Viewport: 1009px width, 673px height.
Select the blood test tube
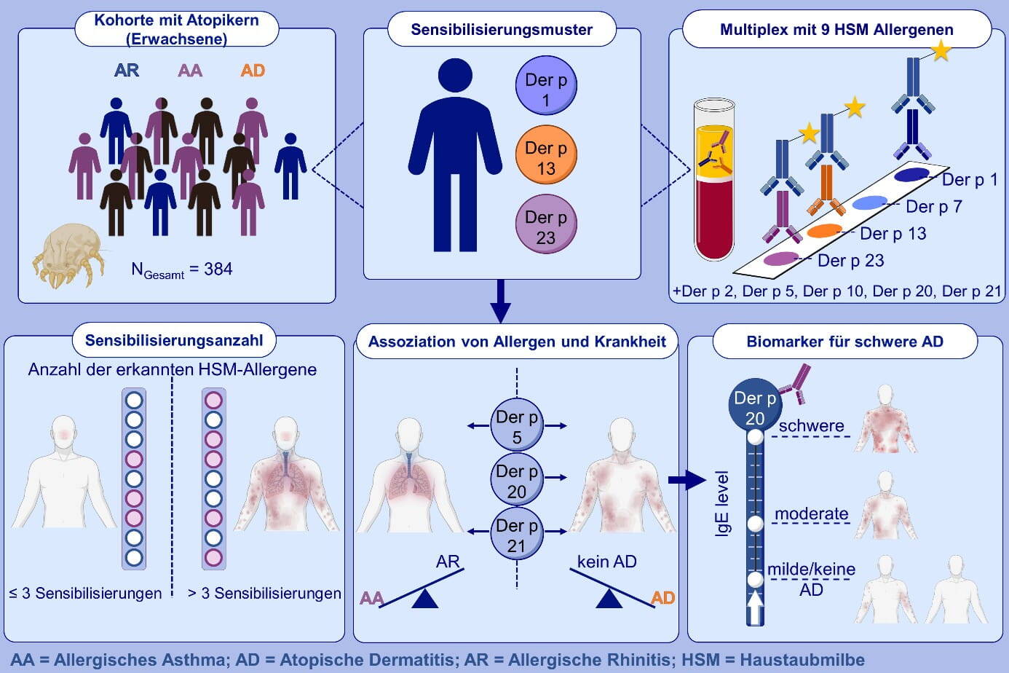click(713, 182)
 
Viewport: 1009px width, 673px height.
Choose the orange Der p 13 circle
click(546, 157)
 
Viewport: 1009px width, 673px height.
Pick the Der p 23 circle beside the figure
click(546, 227)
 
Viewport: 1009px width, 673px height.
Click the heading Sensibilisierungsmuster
click(502, 30)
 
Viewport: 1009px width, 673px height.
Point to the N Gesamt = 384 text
click(181, 269)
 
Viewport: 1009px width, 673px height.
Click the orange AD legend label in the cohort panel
click(253, 71)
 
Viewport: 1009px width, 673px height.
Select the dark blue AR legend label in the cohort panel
click(127, 71)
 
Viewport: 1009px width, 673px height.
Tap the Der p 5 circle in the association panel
click(517, 426)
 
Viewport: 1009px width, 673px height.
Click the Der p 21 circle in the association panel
click(517, 535)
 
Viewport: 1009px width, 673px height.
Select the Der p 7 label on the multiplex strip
click(933, 207)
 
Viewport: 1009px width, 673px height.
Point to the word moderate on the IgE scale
click(811, 514)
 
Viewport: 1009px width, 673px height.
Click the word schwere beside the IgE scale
click(811, 426)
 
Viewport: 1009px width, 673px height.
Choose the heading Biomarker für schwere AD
click(844, 342)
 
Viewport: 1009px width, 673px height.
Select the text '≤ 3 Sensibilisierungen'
click(86, 594)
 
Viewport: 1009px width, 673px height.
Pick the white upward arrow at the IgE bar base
click(755, 608)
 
